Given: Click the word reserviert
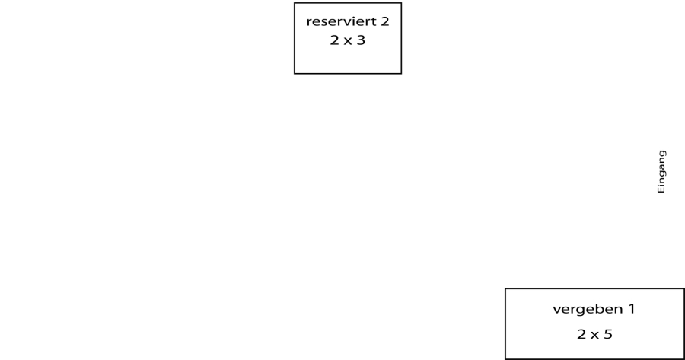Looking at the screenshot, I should tap(342, 21).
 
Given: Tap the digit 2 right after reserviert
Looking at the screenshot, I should tap(385, 21).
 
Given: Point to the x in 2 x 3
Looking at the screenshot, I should tap(347, 41).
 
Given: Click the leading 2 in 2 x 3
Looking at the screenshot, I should tap(334, 40).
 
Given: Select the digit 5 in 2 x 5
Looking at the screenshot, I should tap(608, 334).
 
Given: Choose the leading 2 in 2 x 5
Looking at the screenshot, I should tap(581, 334).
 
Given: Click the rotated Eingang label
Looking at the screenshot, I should tap(661, 171).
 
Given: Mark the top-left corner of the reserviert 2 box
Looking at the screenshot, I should tap(295, 3).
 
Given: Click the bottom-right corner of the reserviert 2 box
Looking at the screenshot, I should tap(401, 73).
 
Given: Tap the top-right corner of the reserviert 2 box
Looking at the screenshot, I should tap(401, 3).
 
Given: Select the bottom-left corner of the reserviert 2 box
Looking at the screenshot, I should tap(295, 73).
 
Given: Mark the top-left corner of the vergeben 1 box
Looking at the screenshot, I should tap(505, 288).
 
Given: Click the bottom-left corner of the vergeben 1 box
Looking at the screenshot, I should tap(505, 358).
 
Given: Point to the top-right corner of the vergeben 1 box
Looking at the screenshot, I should tap(684, 288).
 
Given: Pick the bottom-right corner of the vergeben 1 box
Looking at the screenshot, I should tap(684, 358).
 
